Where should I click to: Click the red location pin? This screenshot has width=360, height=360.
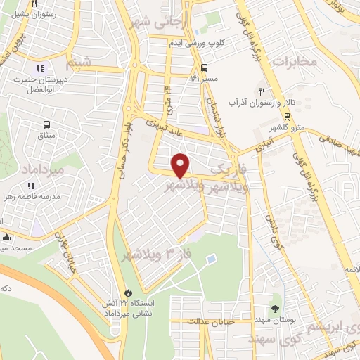pos(181,165)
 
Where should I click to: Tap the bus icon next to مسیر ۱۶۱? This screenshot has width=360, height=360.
pos(203,68)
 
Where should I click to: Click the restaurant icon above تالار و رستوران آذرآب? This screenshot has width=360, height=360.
pos(262,91)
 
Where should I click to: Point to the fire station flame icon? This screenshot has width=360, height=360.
pos(127,292)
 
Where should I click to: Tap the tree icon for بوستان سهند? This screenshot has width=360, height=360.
pos(275,309)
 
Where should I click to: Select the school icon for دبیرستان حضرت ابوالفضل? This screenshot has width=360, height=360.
pos(40,68)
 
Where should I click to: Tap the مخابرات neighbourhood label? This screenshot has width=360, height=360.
pos(294,61)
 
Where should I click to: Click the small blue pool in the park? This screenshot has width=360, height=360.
pos(210,260)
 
